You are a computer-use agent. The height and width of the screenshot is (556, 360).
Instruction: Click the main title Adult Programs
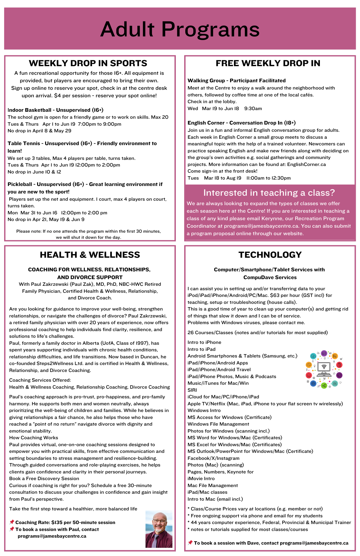click(x=180, y=29)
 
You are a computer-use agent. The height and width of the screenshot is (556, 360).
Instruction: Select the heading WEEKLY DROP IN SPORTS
click(x=88, y=63)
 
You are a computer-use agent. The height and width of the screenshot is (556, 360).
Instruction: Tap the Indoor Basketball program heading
click(x=55, y=110)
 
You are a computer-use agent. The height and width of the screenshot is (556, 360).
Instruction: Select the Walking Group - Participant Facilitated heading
click(x=236, y=80)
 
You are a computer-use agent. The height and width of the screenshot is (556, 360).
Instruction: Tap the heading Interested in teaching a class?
click(x=269, y=193)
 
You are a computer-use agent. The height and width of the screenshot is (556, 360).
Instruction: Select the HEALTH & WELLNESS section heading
click(x=90, y=255)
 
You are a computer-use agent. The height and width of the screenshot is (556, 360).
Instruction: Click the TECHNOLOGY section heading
click(x=270, y=255)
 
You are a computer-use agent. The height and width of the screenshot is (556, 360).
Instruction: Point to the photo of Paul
click(x=159, y=529)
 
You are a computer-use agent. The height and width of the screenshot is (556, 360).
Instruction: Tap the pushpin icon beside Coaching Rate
click(x=12, y=522)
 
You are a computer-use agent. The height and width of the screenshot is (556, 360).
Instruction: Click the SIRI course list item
click(x=192, y=390)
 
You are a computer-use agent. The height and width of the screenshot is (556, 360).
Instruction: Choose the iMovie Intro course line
click(x=201, y=478)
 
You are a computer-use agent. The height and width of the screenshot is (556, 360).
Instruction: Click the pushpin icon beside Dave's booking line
click(x=190, y=543)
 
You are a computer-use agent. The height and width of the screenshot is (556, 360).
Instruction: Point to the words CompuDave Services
click(x=270, y=277)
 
